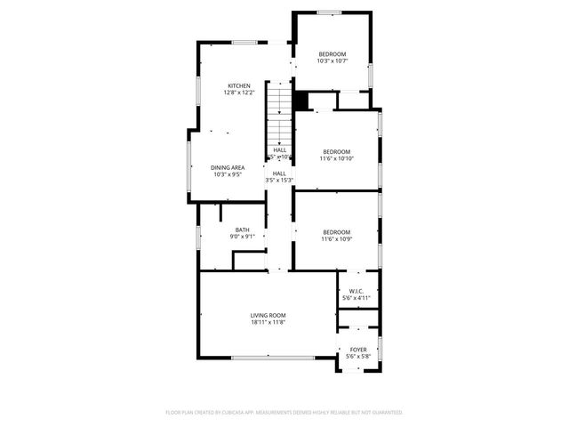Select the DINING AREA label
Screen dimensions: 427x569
(x=228, y=167)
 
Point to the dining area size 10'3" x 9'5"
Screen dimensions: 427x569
(x=228, y=174)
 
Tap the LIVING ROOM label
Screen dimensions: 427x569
(x=268, y=315)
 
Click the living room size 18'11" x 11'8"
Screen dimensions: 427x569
(x=268, y=322)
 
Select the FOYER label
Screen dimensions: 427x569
(x=358, y=350)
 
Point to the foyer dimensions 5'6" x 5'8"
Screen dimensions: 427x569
(x=358, y=357)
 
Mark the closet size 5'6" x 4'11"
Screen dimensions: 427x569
(x=358, y=298)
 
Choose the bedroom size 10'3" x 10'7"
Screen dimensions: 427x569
(x=333, y=60)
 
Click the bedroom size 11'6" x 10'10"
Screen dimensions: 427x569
(x=337, y=158)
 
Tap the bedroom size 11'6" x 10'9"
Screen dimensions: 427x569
(x=337, y=238)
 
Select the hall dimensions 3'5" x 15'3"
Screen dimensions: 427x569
(x=279, y=181)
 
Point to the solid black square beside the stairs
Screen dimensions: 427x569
(x=301, y=101)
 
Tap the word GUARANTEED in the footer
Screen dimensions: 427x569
(x=385, y=413)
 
